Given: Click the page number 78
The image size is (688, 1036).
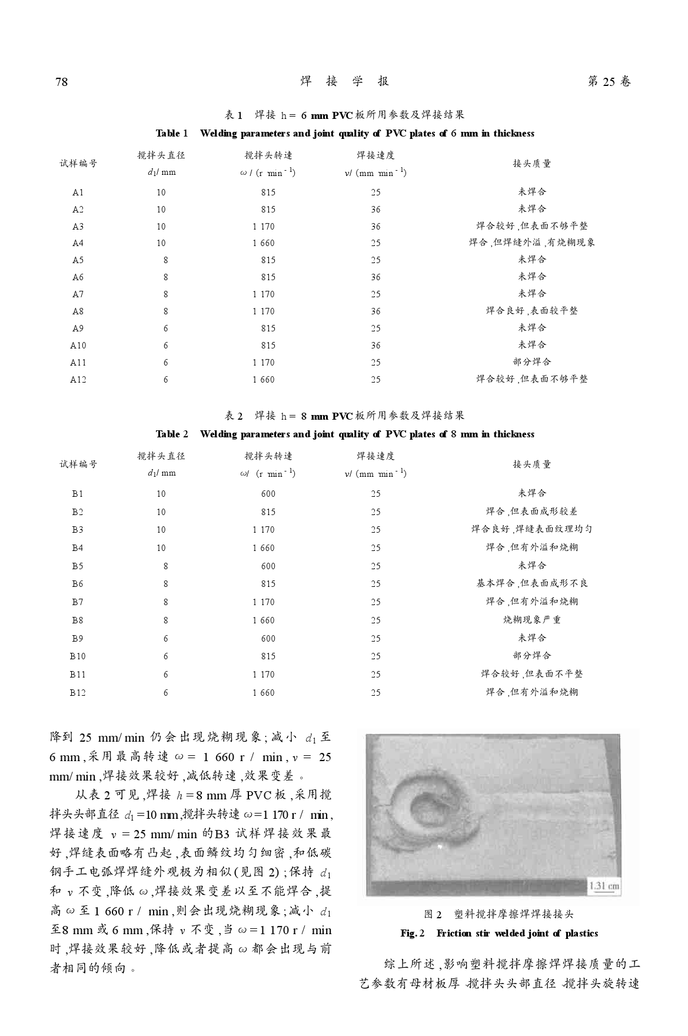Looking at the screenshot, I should tap(62, 82).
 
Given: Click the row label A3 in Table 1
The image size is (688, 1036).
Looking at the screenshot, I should tap(78, 227).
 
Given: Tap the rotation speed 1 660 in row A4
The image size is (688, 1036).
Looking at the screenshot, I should tap(264, 243).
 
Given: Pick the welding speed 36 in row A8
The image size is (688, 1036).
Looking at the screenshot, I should tap(375, 311).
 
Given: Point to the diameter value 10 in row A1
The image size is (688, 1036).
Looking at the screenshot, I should tap(161, 192).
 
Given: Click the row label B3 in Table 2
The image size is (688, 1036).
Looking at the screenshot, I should tap(78, 530).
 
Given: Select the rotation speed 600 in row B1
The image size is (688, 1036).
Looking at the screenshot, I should tap(268, 494).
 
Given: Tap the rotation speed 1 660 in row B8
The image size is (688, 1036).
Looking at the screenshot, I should tap(264, 620).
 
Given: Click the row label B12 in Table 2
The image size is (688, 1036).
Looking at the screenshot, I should tap(78, 693).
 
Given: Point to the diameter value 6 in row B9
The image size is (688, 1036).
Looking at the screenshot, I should tap(165, 639).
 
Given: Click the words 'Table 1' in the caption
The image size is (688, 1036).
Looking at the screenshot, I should tap(172, 134).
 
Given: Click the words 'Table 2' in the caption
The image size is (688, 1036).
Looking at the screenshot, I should tap(172, 434).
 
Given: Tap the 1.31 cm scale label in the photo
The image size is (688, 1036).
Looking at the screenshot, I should tap(604, 886).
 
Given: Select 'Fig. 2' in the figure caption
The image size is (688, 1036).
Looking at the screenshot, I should tap(413, 934).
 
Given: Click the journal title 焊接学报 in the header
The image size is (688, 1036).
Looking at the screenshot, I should tap(344, 81).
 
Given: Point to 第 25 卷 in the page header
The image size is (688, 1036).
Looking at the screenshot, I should tap(609, 82).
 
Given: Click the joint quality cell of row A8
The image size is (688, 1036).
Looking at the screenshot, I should tap(531, 311).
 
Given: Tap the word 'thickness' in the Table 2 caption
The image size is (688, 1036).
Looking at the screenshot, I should tap(514, 434).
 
